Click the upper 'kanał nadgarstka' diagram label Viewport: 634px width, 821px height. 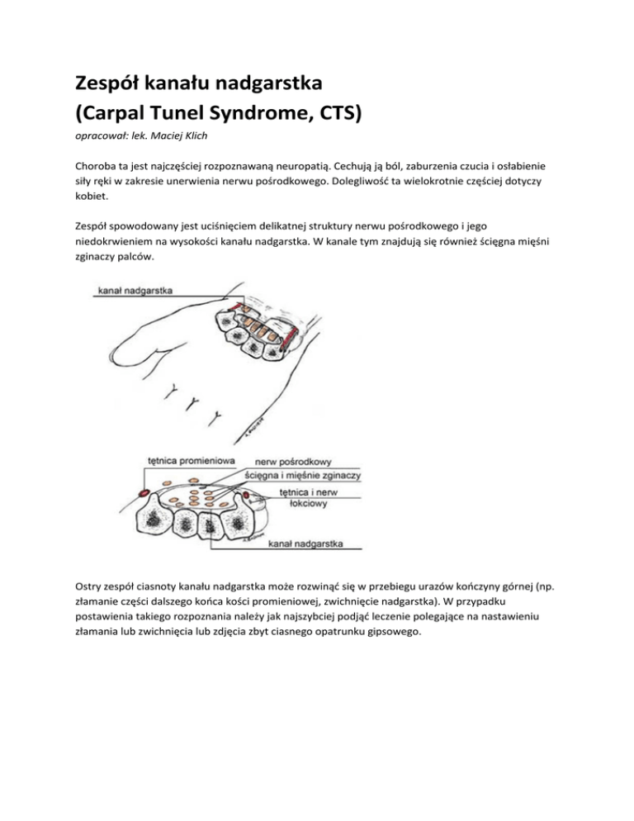(135, 291)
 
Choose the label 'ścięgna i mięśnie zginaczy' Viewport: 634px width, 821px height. (301, 476)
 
